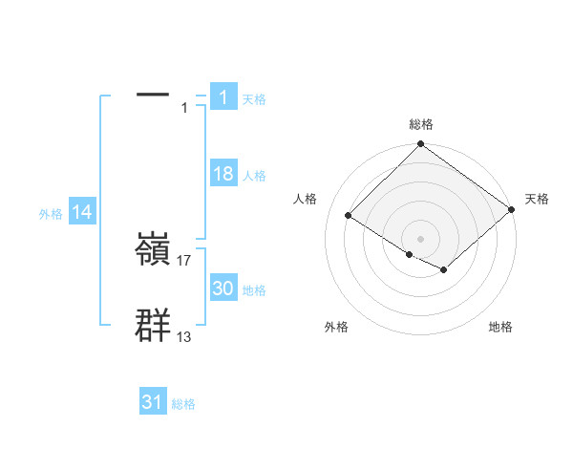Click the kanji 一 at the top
click(x=153, y=96)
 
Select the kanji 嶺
click(x=153, y=251)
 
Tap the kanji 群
click(x=153, y=326)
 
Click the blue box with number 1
click(x=223, y=96)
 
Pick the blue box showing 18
click(x=223, y=174)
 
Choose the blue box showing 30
click(x=223, y=289)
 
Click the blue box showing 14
click(x=82, y=213)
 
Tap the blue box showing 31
click(x=153, y=402)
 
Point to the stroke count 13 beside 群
click(x=184, y=336)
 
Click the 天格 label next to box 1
click(x=254, y=98)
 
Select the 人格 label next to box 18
click(x=254, y=176)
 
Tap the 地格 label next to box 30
click(x=254, y=290)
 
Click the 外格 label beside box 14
click(x=51, y=215)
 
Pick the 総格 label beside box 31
click(x=183, y=404)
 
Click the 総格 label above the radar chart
click(x=421, y=124)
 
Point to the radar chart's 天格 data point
click(x=512, y=211)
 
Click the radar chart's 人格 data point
click(x=349, y=216)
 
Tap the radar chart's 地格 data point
click(x=444, y=270)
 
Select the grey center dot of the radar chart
click(x=421, y=238)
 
